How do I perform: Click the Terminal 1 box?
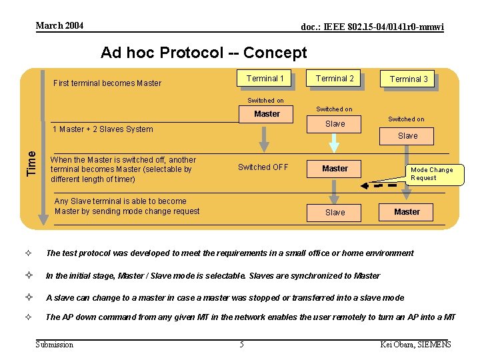point(265,79)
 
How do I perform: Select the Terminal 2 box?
point(335,79)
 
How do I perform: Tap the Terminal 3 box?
point(409,79)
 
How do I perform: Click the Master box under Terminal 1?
point(267,114)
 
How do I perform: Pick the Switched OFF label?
point(263,167)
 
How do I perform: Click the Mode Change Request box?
point(431,174)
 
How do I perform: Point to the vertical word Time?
point(31,163)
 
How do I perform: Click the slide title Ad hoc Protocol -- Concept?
point(203,53)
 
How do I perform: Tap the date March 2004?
point(59,26)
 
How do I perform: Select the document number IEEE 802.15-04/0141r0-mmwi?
point(372,27)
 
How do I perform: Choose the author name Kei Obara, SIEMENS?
point(414,344)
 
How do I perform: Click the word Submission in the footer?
point(55,344)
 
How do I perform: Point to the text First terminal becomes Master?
point(107,83)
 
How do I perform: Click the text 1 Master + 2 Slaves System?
point(102,129)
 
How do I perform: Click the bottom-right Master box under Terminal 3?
point(407,212)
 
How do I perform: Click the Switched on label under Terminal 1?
point(265,101)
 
